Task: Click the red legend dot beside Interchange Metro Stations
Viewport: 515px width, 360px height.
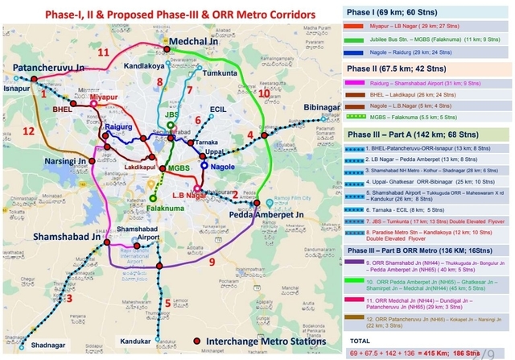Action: coord(197,342)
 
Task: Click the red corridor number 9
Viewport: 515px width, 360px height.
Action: coord(212,262)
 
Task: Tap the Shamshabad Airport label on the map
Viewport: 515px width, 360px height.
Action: coord(134,234)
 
